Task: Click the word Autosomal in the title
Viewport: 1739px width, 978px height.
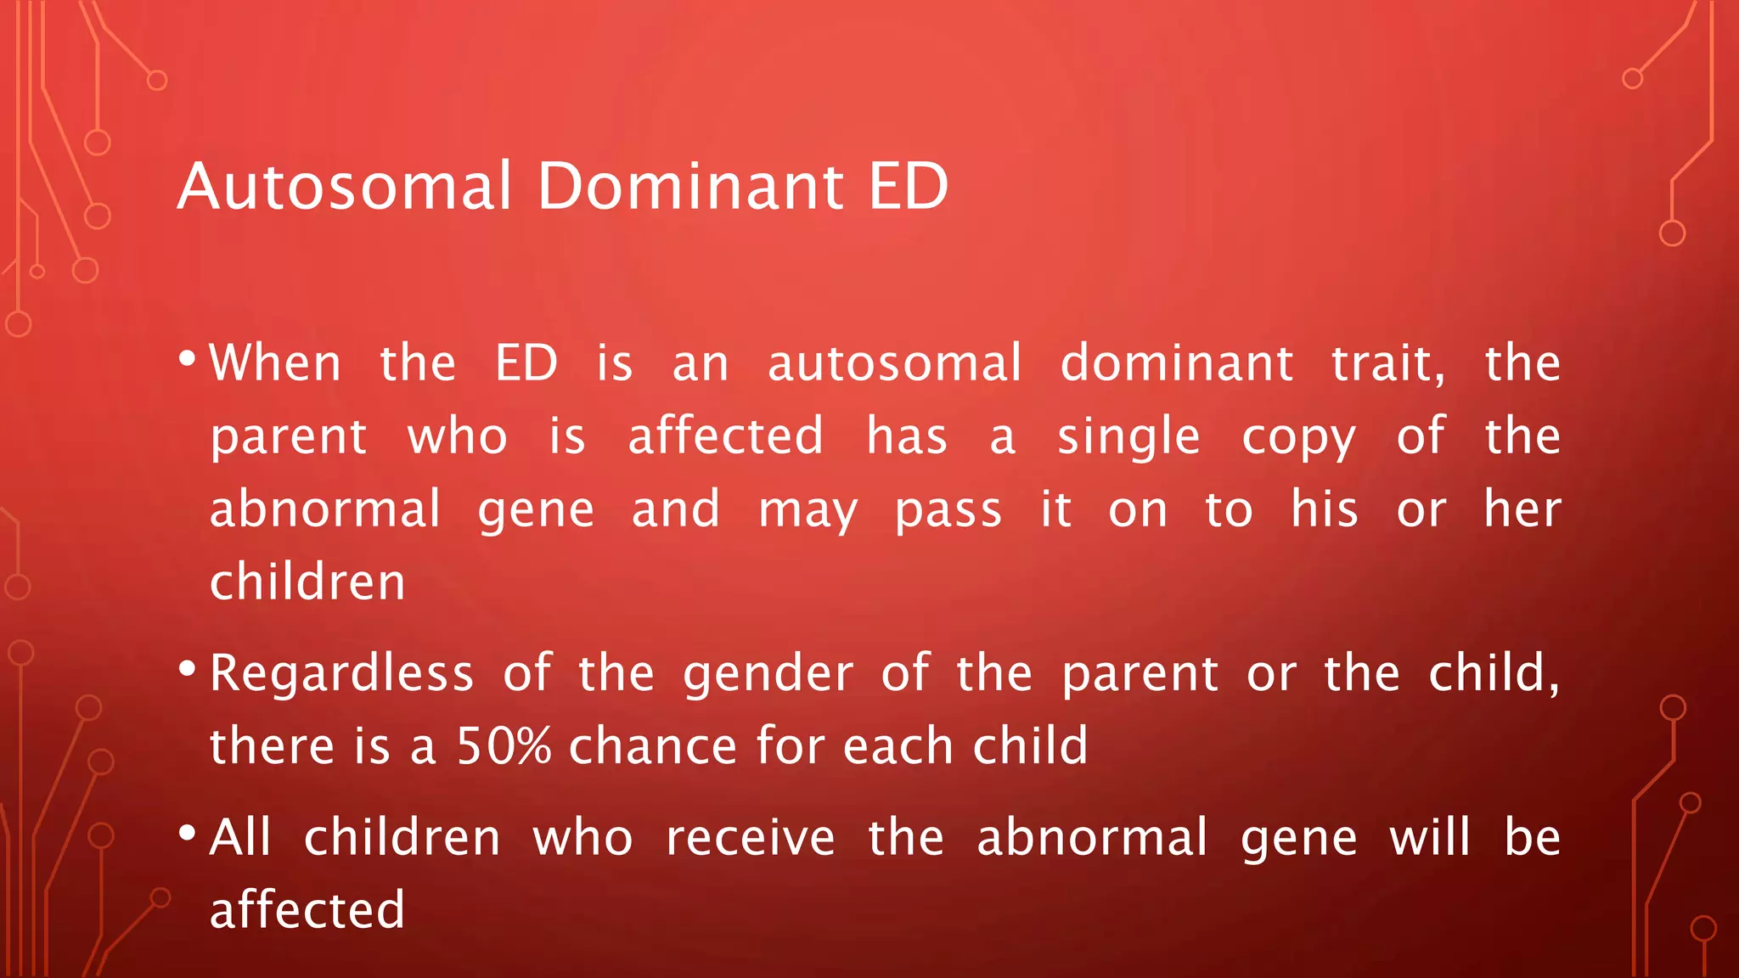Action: point(345,186)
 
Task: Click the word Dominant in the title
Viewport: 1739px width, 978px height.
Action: point(690,186)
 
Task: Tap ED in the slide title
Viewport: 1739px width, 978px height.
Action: point(908,186)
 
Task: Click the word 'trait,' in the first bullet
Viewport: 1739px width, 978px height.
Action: point(1388,363)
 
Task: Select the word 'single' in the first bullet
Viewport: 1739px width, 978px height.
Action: point(1128,438)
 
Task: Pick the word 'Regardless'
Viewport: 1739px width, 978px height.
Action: point(341,674)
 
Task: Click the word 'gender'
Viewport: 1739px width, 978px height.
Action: point(768,676)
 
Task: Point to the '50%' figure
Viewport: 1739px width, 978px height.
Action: point(504,746)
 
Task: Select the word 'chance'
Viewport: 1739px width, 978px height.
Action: point(653,746)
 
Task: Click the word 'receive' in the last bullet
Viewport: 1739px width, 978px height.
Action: point(751,838)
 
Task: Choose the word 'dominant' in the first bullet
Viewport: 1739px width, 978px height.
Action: point(1177,363)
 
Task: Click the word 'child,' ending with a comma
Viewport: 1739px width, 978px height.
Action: point(1494,674)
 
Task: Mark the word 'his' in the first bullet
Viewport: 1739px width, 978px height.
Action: point(1324,509)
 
